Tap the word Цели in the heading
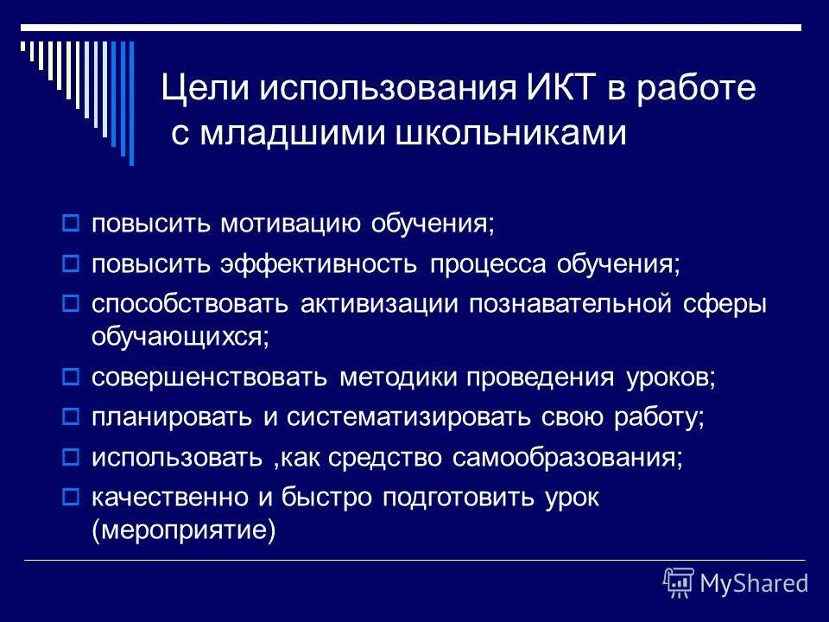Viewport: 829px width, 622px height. pos(201,90)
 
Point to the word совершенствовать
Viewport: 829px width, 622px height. pos(210,378)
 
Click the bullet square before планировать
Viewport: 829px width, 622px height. pos(73,417)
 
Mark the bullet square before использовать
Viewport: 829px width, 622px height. pos(73,458)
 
